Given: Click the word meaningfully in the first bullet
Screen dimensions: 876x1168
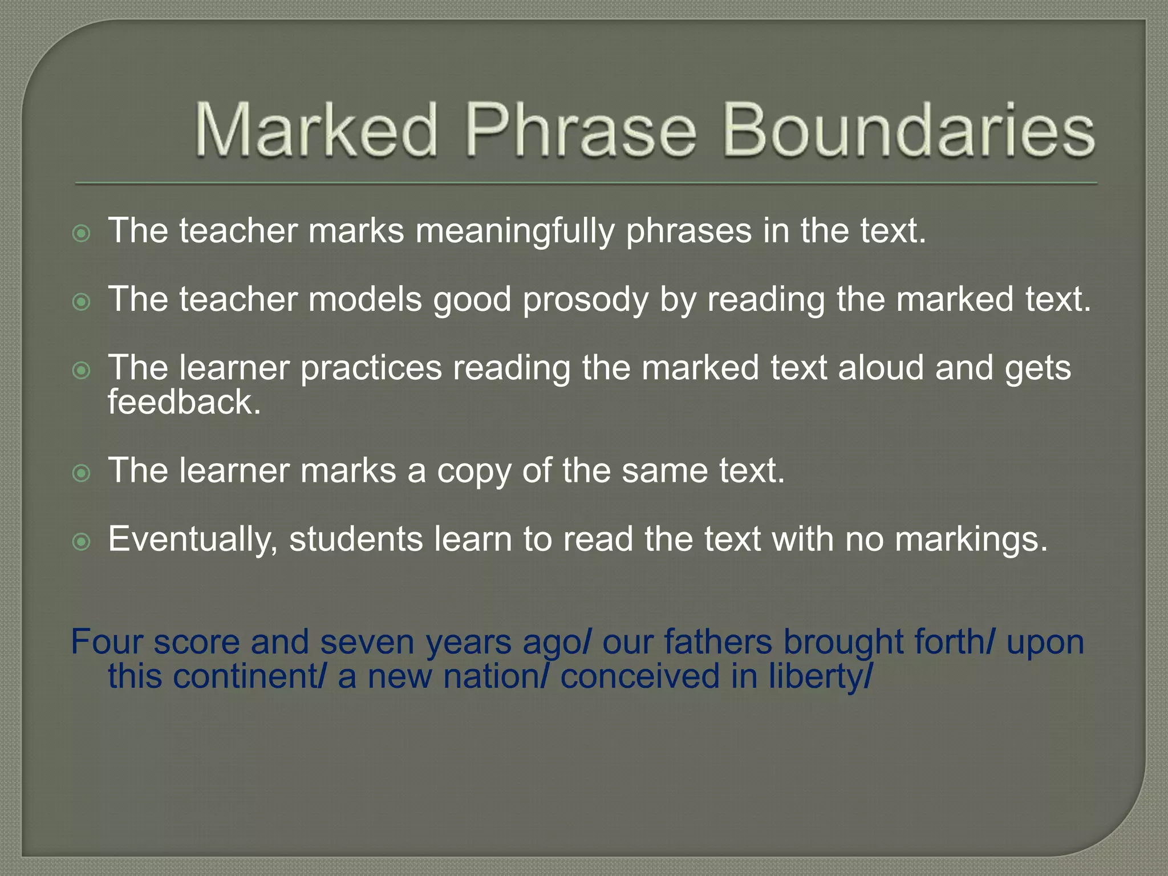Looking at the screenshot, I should (515, 231).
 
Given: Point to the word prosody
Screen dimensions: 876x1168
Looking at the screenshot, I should (585, 299).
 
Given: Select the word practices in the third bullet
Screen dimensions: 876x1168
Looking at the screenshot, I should (371, 368).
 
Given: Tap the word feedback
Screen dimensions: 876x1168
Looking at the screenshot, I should (184, 402).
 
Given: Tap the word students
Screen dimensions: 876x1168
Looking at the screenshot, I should (356, 539).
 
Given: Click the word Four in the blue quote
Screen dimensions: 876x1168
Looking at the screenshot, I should (107, 642).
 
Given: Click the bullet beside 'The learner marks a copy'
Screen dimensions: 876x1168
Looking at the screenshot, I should (82, 473).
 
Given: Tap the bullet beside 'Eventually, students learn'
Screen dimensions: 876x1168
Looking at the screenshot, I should (82, 541).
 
